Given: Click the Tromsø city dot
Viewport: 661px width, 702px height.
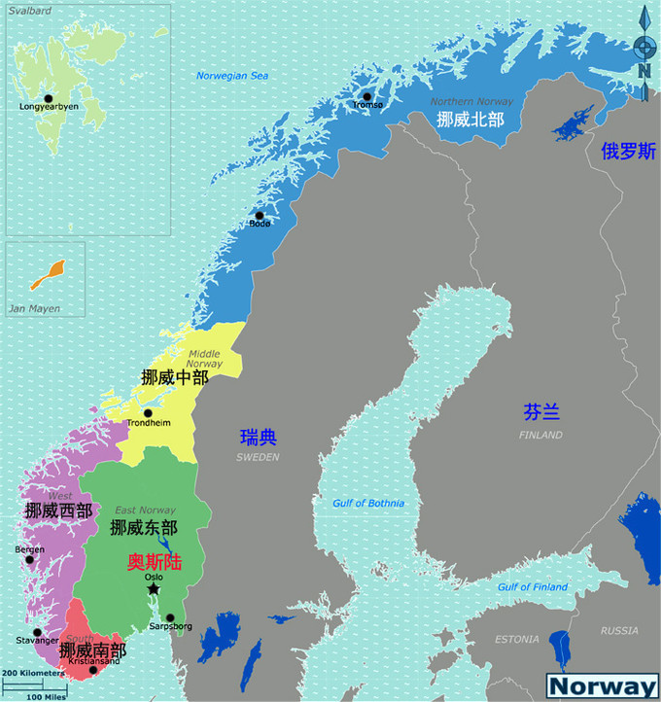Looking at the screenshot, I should click(x=367, y=96).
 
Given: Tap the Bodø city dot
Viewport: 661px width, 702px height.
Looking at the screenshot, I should click(x=260, y=216).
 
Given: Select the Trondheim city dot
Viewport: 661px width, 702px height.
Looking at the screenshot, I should click(x=148, y=413).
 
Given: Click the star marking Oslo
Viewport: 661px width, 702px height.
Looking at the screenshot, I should click(x=153, y=589).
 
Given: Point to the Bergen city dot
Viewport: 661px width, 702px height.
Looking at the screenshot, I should click(x=29, y=558).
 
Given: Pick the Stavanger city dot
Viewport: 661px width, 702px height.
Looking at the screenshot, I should click(x=37, y=632).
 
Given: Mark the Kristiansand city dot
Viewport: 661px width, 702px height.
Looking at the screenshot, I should click(x=93, y=670).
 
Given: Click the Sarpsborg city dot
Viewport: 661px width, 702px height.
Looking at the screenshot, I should click(x=170, y=617).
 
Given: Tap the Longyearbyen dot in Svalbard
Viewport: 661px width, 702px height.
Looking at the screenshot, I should click(x=48, y=98).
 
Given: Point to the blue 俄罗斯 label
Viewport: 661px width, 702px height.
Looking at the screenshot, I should click(x=628, y=151).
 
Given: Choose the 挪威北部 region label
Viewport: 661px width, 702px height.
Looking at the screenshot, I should click(x=470, y=120).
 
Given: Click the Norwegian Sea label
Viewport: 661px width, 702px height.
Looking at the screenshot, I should click(x=231, y=75).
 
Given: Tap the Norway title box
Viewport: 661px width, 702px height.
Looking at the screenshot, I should click(x=602, y=685).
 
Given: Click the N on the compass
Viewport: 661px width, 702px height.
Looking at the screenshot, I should click(x=644, y=70).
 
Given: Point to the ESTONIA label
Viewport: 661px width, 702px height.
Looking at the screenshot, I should click(x=515, y=639).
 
